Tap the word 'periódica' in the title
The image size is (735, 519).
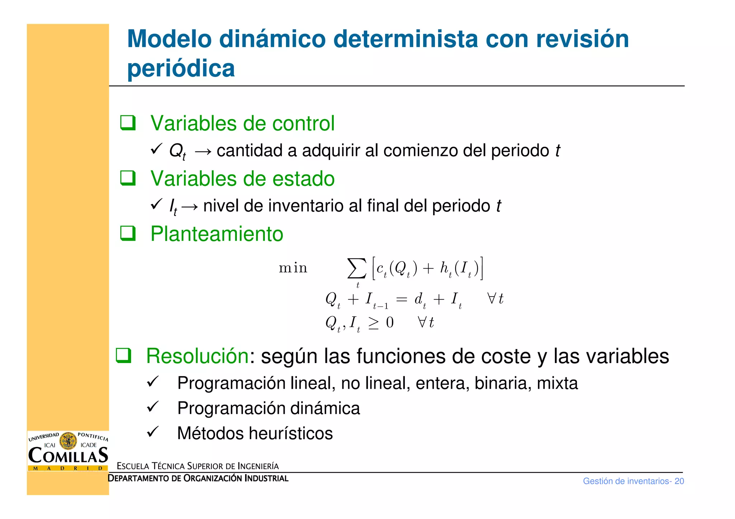point(181,68)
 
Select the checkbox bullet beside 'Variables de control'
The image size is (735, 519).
point(128,123)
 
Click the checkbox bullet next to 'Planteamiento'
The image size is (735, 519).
point(128,233)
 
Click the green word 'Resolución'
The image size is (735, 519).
point(197,356)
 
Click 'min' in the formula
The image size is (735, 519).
point(293,268)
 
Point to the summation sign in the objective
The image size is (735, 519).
point(357,268)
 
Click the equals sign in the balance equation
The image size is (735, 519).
point(401,299)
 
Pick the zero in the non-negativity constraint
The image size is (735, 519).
point(390,323)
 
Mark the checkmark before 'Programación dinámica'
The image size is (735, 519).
point(153,407)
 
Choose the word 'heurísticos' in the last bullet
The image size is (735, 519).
point(291,433)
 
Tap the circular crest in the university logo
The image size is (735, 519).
point(68,441)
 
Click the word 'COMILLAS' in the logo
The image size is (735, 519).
point(68,456)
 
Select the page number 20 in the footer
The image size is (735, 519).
point(679,481)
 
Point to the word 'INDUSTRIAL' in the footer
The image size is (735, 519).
point(267,478)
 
